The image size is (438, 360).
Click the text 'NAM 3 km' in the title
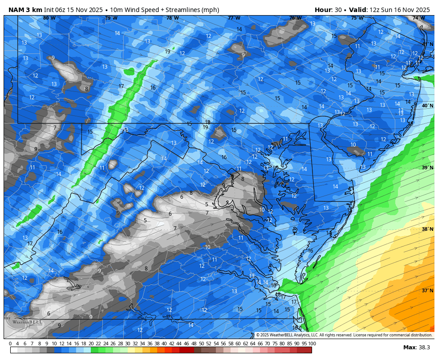pyautogui.click(x=25, y=10)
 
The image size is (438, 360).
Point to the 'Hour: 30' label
pyautogui.click(x=328, y=10)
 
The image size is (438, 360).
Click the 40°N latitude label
pyautogui.click(x=427, y=106)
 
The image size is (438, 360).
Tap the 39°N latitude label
pyautogui.click(x=427, y=168)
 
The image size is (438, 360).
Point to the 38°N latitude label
pyautogui.click(x=427, y=229)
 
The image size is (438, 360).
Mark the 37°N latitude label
pyautogui.click(x=427, y=290)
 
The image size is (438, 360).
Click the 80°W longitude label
pyautogui.click(x=49, y=18)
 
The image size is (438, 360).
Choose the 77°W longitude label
pyautogui.click(x=234, y=18)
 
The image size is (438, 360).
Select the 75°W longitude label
pyautogui.click(x=357, y=18)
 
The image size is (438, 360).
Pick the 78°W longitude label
pyautogui.click(x=172, y=18)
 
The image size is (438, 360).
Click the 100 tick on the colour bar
pyautogui.click(x=312, y=344)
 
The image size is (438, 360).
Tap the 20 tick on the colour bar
pyautogui.click(x=91, y=344)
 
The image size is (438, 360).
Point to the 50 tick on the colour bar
pyautogui.click(x=201, y=344)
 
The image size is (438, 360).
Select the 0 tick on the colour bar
pyautogui.click(x=10, y=344)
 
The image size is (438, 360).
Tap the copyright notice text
pyautogui.click(x=344, y=335)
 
